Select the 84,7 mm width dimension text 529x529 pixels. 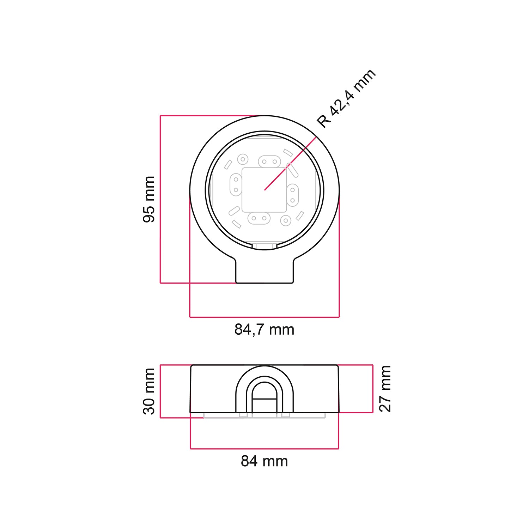tap(264, 330)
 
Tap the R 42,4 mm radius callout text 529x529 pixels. tap(346, 98)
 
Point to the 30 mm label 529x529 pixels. tap(149, 391)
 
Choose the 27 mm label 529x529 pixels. tap(385, 389)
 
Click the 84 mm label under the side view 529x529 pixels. tap(264, 461)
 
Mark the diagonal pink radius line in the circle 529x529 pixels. tap(289, 165)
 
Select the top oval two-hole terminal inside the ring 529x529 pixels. tap(269, 162)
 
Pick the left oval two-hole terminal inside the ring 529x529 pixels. tap(236, 185)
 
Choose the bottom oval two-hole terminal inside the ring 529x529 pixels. tap(259, 218)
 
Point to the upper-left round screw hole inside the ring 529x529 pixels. tap(243, 159)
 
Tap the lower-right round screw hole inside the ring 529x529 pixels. tap(285, 221)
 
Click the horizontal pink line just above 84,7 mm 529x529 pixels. tap(264, 317)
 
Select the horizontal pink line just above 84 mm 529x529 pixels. tap(264, 449)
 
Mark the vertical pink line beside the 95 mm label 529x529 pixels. tap(160, 199)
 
